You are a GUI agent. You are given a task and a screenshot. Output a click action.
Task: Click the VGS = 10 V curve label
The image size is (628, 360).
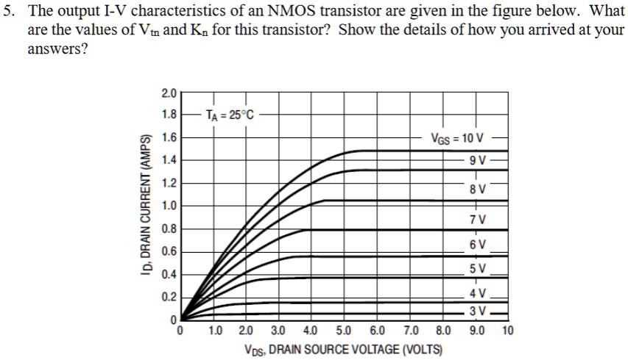point(457,138)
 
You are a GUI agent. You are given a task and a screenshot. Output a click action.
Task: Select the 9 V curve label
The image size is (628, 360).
point(476,162)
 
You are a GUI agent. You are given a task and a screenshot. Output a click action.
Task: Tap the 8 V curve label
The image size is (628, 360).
point(478,190)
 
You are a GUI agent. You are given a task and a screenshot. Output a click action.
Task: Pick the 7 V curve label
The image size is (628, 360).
point(478,219)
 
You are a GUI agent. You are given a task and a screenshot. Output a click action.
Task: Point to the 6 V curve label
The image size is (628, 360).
point(478,243)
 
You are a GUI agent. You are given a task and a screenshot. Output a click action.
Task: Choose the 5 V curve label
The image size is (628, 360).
point(478,268)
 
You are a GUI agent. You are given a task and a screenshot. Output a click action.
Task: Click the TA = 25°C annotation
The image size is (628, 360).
point(229,115)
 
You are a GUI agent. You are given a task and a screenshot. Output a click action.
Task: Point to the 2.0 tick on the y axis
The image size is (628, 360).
point(169,93)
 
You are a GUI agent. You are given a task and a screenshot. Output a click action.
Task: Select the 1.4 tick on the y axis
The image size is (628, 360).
point(169,160)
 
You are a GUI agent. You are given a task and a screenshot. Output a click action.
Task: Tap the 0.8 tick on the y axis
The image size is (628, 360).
point(169,228)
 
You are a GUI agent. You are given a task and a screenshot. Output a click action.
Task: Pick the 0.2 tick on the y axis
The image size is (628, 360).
point(169,297)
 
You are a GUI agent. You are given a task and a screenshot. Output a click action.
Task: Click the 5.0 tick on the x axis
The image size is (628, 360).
point(344,331)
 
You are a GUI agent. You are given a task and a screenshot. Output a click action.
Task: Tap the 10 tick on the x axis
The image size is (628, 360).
point(508,331)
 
